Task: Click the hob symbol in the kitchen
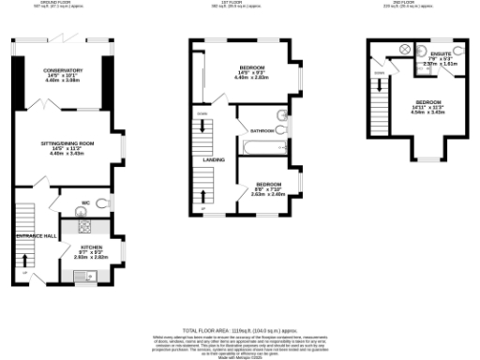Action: point(83,226)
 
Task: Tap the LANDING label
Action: point(213,159)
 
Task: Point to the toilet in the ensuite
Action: point(459,52)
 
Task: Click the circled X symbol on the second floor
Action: point(405,48)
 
